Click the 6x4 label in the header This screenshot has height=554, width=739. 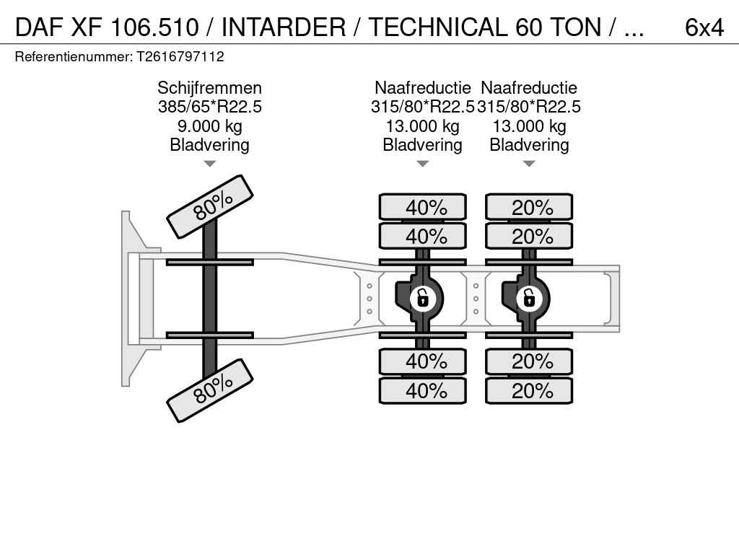coord(704,27)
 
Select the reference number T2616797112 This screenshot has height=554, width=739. coord(180,56)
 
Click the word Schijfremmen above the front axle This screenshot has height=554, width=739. coord(209,88)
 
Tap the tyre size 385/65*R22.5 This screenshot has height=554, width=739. coord(209,107)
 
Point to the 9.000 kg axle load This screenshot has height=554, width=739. coord(209,126)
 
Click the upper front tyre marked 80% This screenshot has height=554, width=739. coord(210,206)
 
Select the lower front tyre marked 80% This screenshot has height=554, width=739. coord(210,390)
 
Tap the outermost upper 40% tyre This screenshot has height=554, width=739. coord(423,207)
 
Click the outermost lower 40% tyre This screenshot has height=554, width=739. coord(423,391)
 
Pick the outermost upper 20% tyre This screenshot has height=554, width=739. coord(529,207)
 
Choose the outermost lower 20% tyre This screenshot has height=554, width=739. coord(529,391)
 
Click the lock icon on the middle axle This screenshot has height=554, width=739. coord(423,297)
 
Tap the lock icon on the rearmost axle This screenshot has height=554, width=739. coord(529,297)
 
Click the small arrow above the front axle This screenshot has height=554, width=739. coord(209,164)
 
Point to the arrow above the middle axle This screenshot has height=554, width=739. coord(423,164)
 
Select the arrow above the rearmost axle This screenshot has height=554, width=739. coord(529,164)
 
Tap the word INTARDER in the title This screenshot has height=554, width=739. coord(293,27)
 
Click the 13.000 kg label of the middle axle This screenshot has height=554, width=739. coord(423,126)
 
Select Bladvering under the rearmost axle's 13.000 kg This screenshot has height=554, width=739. coord(529,145)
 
